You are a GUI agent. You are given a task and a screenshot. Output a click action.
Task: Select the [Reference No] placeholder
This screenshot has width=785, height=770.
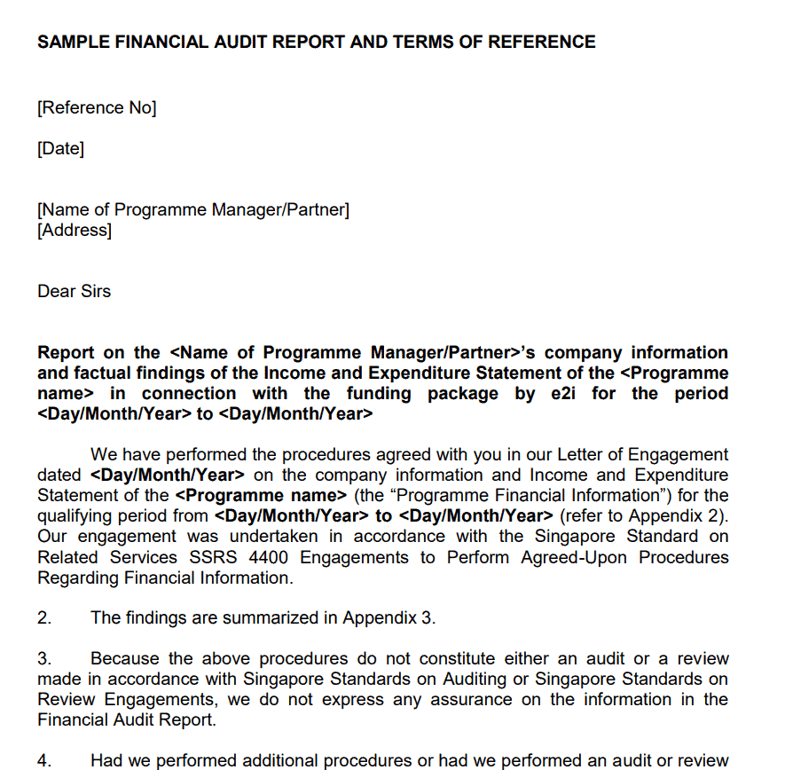(97, 108)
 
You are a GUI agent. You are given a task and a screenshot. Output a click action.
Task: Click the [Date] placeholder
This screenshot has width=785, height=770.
(61, 149)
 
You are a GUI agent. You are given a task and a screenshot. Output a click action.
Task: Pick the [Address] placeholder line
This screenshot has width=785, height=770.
(75, 231)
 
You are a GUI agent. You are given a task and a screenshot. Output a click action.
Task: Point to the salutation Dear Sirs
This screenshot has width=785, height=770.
(75, 292)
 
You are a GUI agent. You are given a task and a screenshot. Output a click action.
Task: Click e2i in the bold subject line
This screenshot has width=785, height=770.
(563, 394)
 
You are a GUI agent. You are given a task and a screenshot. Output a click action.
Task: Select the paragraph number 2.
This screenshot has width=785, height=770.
(44, 618)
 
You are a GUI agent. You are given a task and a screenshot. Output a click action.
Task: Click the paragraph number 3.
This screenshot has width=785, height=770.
(44, 659)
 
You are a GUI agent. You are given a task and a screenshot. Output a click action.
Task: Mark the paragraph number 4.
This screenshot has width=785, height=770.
(44, 761)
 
